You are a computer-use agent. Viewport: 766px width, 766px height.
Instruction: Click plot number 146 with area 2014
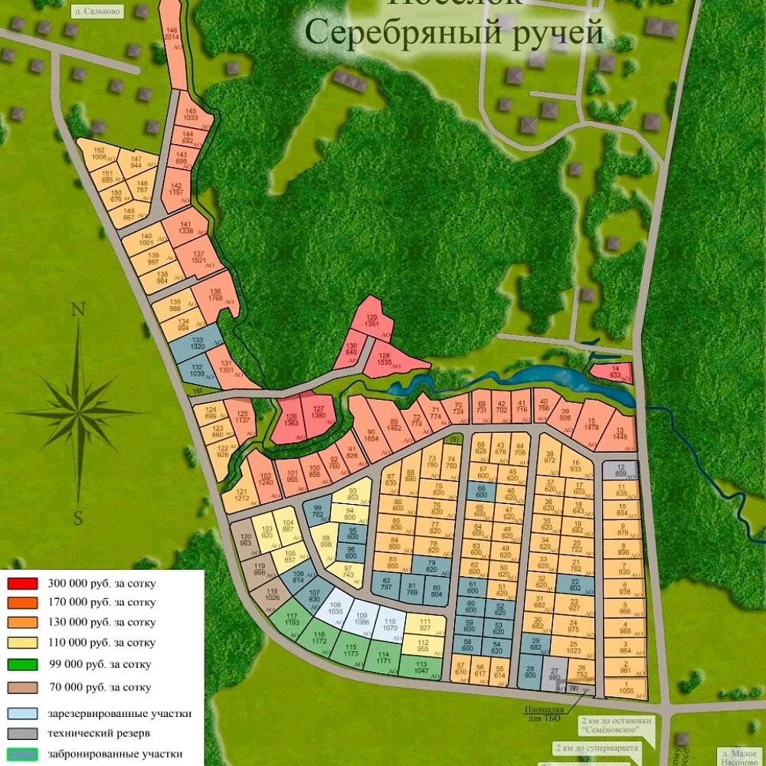(x=172, y=34)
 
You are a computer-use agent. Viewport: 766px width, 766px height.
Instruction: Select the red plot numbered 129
(x=372, y=321)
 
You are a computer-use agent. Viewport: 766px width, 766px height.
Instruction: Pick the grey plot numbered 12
(x=620, y=470)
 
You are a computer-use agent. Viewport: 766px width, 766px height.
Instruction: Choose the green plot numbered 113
(x=421, y=666)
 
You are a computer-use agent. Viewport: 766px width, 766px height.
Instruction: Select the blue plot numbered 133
(x=198, y=343)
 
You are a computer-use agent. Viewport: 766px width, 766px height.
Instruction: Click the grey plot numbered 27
(x=555, y=674)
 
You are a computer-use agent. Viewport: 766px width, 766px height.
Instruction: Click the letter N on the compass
(x=77, y=310)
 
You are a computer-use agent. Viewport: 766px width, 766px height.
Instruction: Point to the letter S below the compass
(x=77, y=519)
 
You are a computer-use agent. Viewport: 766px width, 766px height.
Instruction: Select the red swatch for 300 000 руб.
(x=22, y=583)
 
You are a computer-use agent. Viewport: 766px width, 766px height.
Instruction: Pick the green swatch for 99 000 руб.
(x=22, y=664)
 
